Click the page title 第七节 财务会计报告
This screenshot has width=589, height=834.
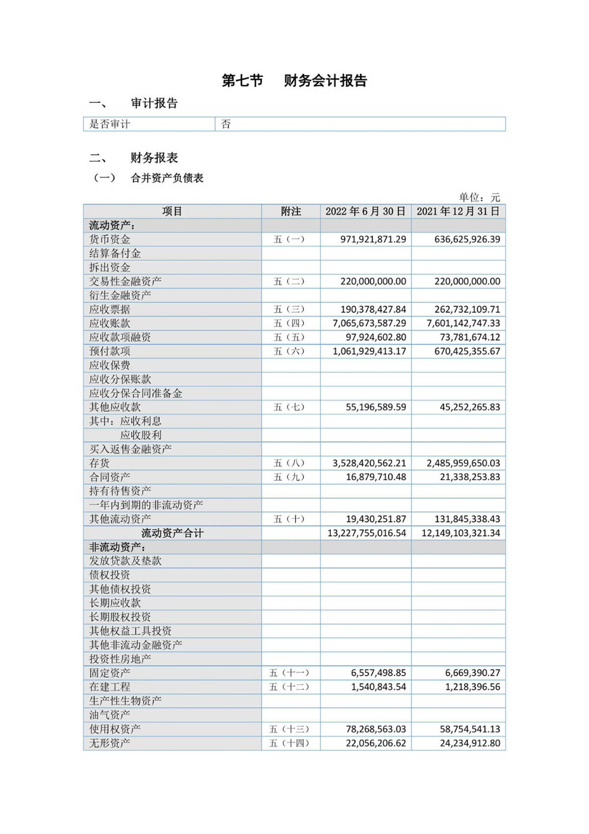pyautogui.click(x=294, y=81)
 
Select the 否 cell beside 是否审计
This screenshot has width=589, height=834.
pyautogui.click(x=226, y=124)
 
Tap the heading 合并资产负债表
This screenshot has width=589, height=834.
pyautogui.click(x=167, y=178)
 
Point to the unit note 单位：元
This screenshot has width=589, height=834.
pyautogui.click(x=479, y=197)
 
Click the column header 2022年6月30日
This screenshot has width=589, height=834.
pyautogui.click(x=365, y=211)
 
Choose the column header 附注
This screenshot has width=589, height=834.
pyautogui.click(x=291, y=211)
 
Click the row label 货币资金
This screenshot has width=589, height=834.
pyautogui.click(x=109, y=239)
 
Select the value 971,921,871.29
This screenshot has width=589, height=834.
pyautogui.click(x=373, y=239)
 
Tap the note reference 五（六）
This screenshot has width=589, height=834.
pyautogui.click(x=290, y=351)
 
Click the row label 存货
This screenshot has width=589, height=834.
pyautogui.click(x=99, y=463)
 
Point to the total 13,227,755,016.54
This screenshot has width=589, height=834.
pyautogui.click(x=367, y=533)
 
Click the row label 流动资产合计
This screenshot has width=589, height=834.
pyautogui.click(x=172, y=533)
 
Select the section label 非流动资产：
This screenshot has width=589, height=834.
pyautogui.click(x=117, y=547)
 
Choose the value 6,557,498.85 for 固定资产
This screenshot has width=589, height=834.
pyautogui.click(x=378, y=673)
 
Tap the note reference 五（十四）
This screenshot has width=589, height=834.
pyautogui.click(x=290, y=743)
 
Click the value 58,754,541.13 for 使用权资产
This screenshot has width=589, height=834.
pyautogui.click(x=470, y=729)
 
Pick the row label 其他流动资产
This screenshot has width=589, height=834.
pyautogui.click(x=120, y=519)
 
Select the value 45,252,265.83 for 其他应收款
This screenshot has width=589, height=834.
pyautogui.click(x=470, y=407)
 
